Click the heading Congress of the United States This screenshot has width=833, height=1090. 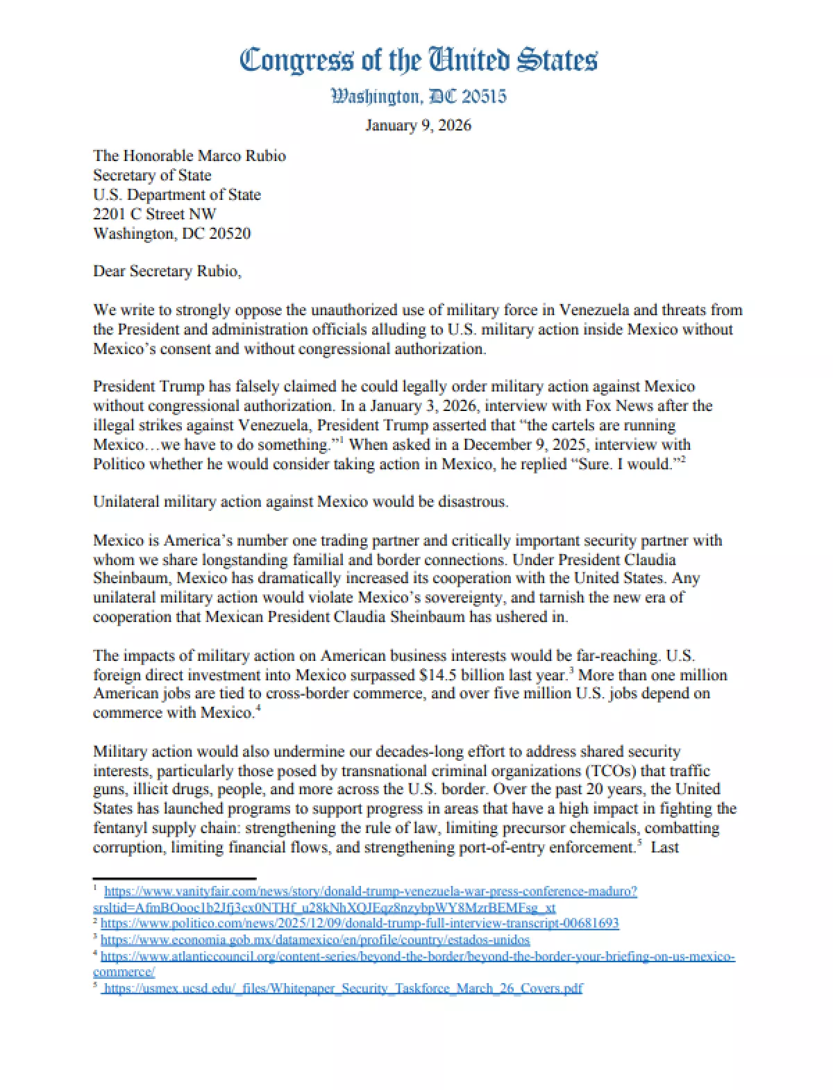(x=418, y=60)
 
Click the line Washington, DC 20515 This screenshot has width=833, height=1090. (x=418, y=96)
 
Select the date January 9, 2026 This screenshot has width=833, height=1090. (x=418, y=126)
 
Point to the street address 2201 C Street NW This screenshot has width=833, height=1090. (x=155, y=214)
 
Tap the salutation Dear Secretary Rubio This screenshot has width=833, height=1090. (x=167, y=271)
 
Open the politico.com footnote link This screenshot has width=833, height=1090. (x=360, y=923)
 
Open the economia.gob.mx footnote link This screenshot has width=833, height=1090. (x=315, y=940)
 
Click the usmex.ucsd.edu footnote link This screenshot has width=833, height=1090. (x=343, y=988)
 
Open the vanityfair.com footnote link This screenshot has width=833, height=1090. (x=371, y=891)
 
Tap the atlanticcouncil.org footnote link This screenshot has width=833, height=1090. (x=418, y=957)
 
